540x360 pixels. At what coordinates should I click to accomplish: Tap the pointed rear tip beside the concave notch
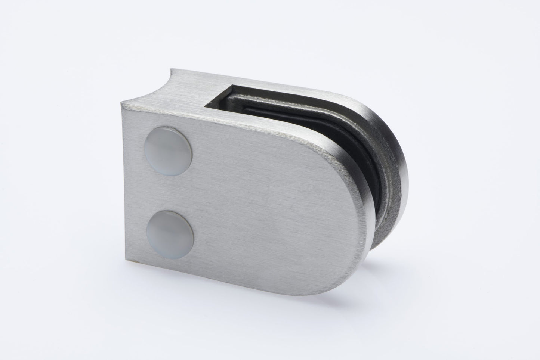173,69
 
